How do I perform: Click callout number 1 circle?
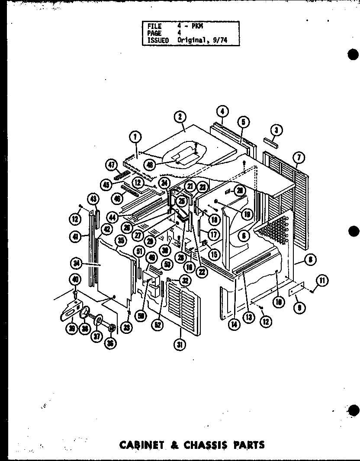(x=135, y=138)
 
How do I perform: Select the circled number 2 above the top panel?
(x=179, y=116)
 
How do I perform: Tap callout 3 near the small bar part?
(x=275, y=129)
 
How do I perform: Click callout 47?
(x=112, y=165)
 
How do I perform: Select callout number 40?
(x=75, y=280)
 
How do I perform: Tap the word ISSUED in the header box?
(x=158, y=40)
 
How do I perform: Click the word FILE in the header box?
(x=154, y=26)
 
